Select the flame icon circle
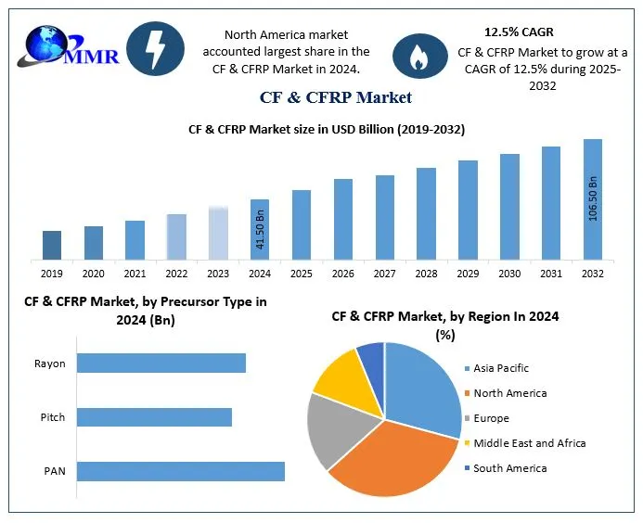pyautogui.click(x=416, y=56)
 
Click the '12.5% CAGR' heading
pyautogui.click(x=519, y=32)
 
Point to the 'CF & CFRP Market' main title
pyautogui.click(x=336, y=96)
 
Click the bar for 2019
pyautogui.click(x=52, y=244)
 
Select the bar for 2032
pyautogui.click(x=592, y=198)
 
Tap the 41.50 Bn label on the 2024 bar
pyautogui.click(x=261, y=230)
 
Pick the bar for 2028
pyautogui.click(x=426, y=212)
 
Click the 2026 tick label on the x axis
pyautogui.click(x=343, y=274)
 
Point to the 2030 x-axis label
pyautogui.click(x=509, y=274)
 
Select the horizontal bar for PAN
pyautogui.click(x=180, y=471)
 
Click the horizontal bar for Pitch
pyautogui.click(x=154, y=417)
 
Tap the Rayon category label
pyautogui.click(x=50, y=364)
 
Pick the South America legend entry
pyautogui.click(x=509, y=468)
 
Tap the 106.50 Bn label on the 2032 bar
pyautogui.click(x=593, y=198)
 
